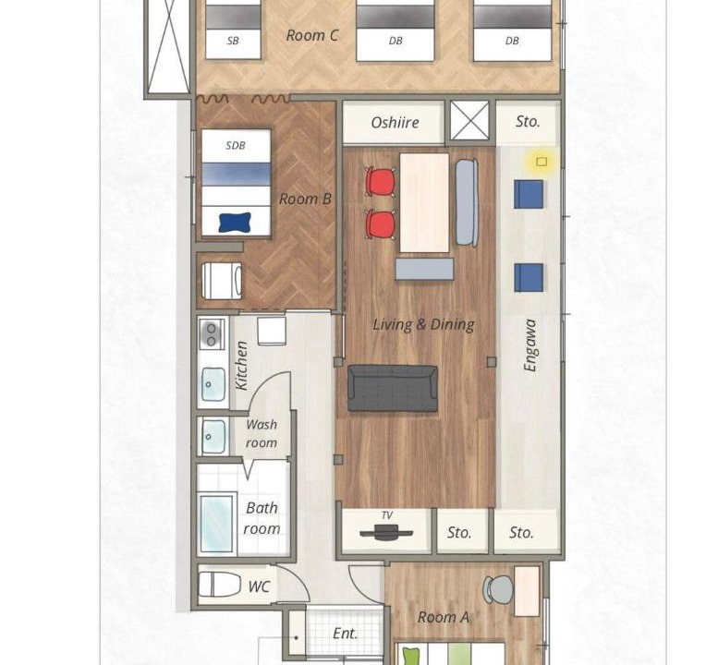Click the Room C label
coord(312,35)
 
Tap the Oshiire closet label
coord(395,123)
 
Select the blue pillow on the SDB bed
coord(235,223)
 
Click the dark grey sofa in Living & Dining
coord(392,388)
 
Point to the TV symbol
coord(386,533)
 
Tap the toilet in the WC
coord(220,585)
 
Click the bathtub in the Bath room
coord(217,524)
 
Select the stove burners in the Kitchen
coord(211,333)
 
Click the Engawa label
coord(530,345)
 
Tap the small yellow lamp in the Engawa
coord(542,162)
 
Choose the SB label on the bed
coord(233,41)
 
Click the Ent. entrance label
coord(346,634)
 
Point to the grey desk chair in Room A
coord(498,589)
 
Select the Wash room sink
coord(213,437)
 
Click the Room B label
coord(305,199)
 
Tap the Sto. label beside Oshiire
coord(528,122)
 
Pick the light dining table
coord(424,203)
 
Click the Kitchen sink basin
coord(213,384)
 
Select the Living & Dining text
coord(423,325)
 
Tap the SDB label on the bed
coord(236,145)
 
